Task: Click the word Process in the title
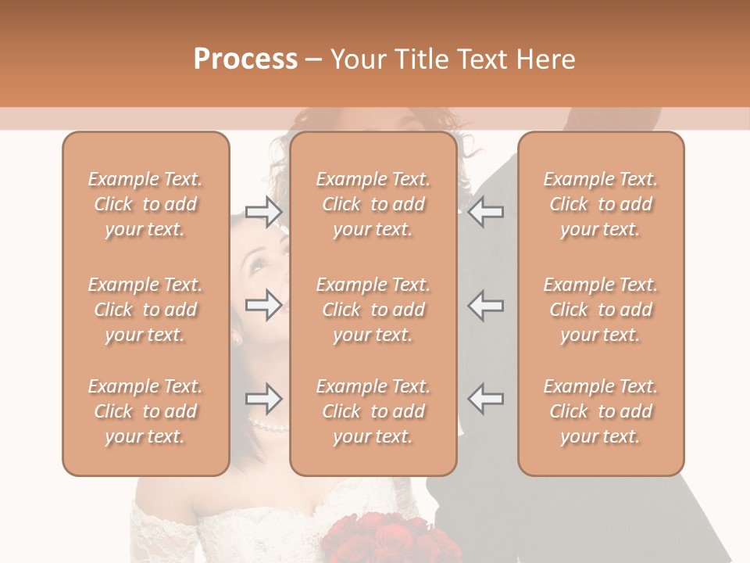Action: coord(245,59)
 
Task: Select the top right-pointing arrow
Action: coord(263,212)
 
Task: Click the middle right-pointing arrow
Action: coord(263,305)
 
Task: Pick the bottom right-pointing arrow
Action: coord(263,399)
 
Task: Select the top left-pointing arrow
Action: coord(486,212)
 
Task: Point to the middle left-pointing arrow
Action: coord(486,305)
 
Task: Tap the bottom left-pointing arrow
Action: coord(486,399)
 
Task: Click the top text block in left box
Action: coord(145,204)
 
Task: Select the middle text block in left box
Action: coord(145,310)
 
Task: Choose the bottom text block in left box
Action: coord(145,411)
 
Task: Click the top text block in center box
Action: coord(373,204)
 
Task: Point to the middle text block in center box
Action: coord(373,310)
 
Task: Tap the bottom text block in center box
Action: coord(373,411)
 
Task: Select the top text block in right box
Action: coord(600,204)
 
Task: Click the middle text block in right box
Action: coord(600,310)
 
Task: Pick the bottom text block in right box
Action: coord(600,411)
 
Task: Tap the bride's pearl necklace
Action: coord(268,426)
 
